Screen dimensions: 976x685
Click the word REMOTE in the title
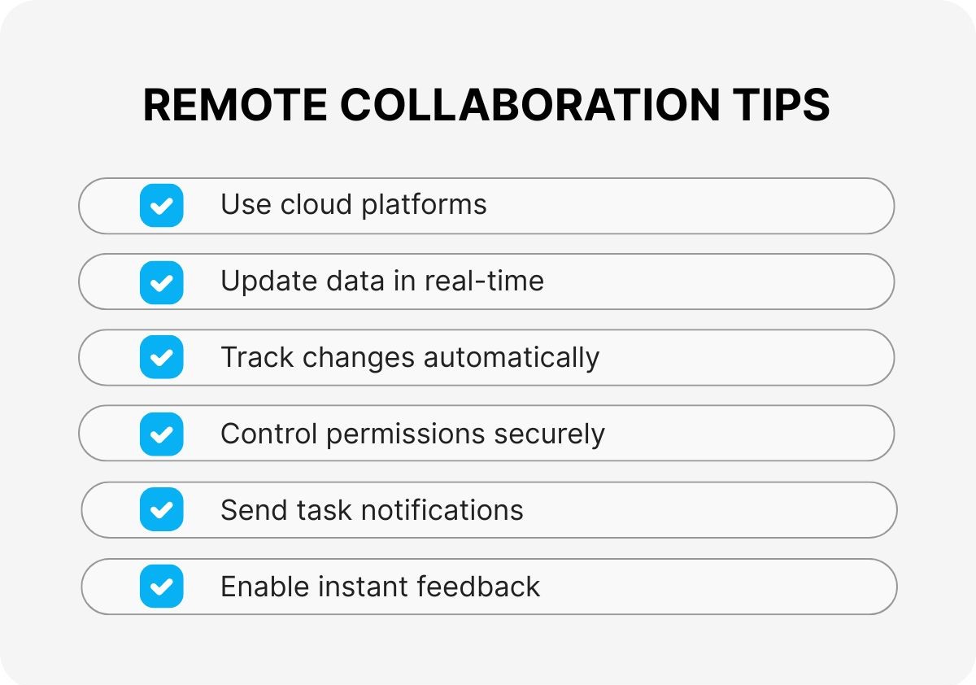point(235,105)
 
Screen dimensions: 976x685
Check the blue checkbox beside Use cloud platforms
point(162,205)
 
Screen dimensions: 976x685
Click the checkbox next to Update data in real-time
point(162,282)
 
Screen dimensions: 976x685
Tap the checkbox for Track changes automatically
point(162,357)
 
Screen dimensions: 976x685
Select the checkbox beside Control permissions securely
point(162,434)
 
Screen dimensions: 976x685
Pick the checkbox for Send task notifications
point(162,509)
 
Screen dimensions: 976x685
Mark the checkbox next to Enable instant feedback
point(162,586)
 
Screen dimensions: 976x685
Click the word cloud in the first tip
point(316,204)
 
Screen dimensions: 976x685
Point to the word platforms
point(424,205)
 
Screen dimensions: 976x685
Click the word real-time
point(484,281)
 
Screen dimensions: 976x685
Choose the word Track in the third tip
point(257,357)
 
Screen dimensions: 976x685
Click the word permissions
point(405,435)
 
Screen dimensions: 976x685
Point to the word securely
point(549,435)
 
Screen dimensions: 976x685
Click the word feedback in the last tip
point(478,586)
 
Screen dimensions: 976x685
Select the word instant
point(363,586)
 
